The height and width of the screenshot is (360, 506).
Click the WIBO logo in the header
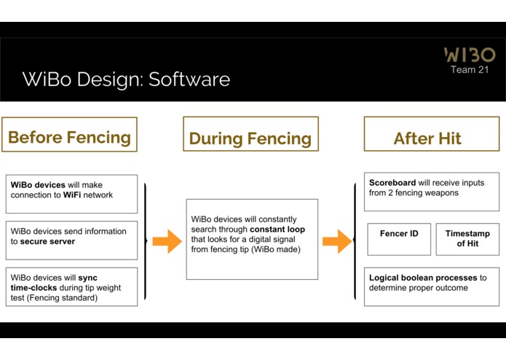(470, 55)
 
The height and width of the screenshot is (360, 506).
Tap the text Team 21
(470, 70)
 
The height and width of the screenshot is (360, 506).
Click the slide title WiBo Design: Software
(126, 79)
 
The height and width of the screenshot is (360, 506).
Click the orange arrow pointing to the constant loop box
(167, 241)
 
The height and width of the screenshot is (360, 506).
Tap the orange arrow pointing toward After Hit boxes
(337, 241)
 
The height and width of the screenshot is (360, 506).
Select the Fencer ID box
(399, 239)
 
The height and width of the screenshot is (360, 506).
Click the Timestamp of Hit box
(467, 239)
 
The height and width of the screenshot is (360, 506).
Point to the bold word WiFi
(72, 195)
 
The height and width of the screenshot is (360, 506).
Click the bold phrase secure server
(47, 241)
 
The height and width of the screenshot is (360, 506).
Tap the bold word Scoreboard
(392, 183)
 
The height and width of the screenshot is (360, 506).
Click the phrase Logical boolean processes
(423, 278)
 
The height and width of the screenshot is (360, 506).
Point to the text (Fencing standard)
(63, 297)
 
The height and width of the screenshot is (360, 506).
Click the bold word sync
(88, 278)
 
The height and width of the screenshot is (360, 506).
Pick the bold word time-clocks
(33, 288)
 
